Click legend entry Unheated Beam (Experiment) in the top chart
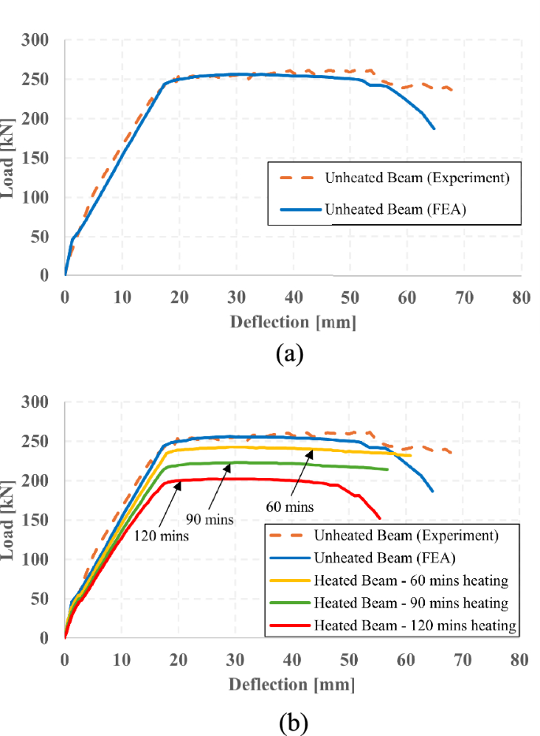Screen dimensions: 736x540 pos(416,178)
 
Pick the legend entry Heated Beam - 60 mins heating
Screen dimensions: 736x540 pos(411,581)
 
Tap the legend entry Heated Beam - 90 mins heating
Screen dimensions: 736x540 pos(411,603)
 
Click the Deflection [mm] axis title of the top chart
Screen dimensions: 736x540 pos(292,322)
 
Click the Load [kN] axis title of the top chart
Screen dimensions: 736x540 pos(11,158)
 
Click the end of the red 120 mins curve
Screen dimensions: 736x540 pos(380,518)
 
